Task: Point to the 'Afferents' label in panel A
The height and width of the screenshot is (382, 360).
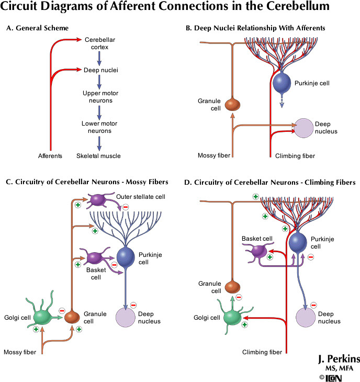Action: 51,156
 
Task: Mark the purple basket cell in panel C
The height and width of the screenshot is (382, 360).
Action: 95,257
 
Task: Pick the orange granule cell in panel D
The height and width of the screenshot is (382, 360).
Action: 232,287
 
